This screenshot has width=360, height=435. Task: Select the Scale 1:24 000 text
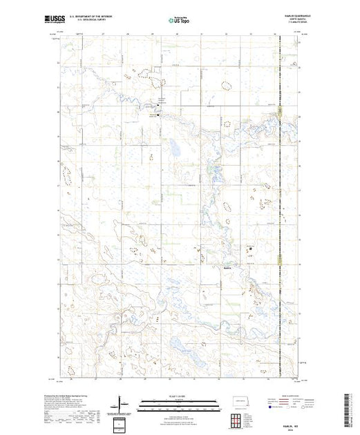click(179, 396)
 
